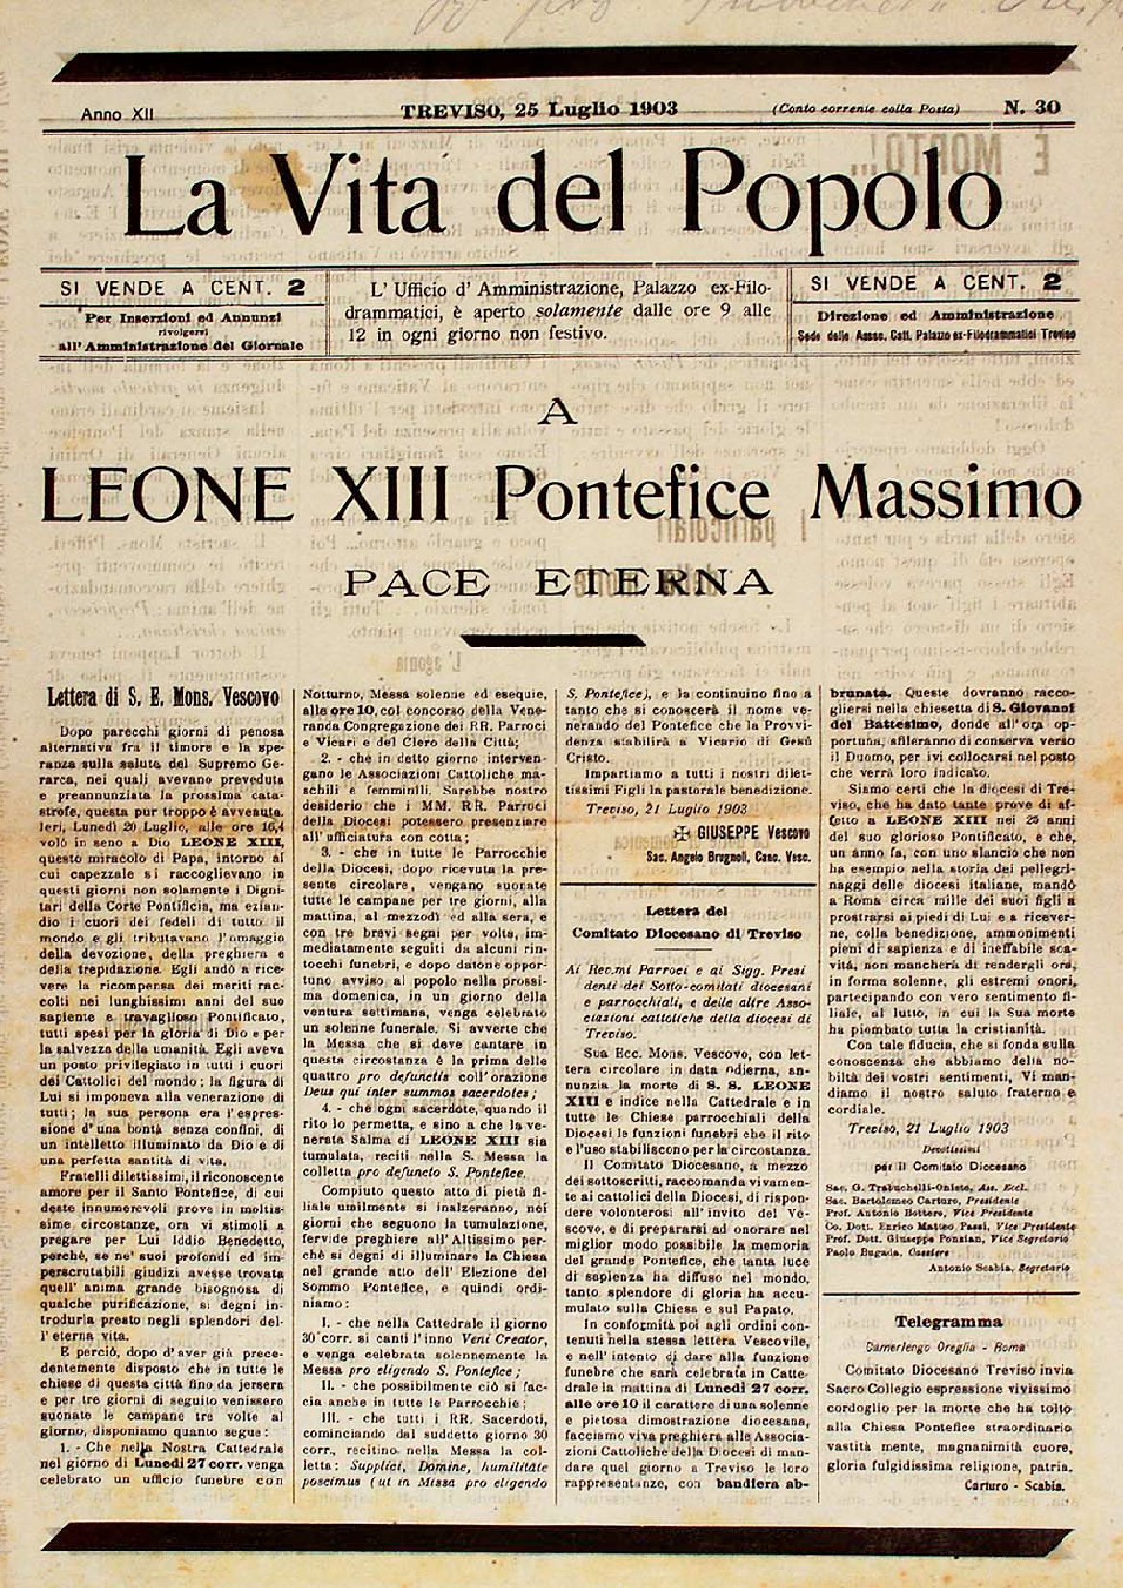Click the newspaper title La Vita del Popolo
561,199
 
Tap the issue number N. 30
1032,108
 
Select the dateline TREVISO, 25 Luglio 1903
539,109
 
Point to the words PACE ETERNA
558,580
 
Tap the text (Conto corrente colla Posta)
865,110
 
